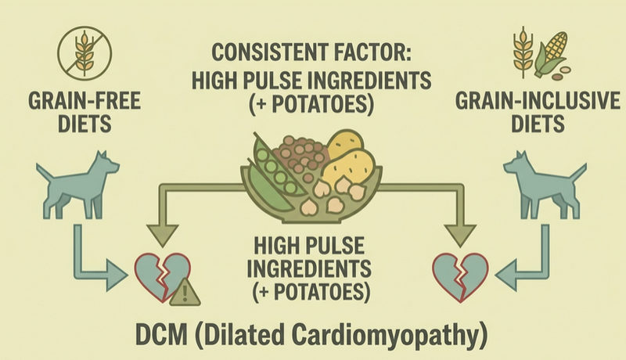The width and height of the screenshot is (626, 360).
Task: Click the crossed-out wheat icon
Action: click(85, 53)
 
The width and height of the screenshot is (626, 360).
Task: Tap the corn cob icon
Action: click(551, 54)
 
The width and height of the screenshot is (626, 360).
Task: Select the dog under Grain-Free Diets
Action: click(77, 185)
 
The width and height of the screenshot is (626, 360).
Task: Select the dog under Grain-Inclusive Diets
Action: click(545, 185)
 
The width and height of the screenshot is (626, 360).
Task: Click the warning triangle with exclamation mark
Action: click(185, 293)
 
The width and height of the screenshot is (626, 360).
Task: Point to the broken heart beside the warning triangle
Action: click(163, 276)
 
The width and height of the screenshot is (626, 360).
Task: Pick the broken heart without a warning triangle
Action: click(461, 276)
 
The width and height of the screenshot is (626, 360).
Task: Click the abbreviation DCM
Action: click(161, 334)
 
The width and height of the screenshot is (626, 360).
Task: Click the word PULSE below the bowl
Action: click(333, 245)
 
